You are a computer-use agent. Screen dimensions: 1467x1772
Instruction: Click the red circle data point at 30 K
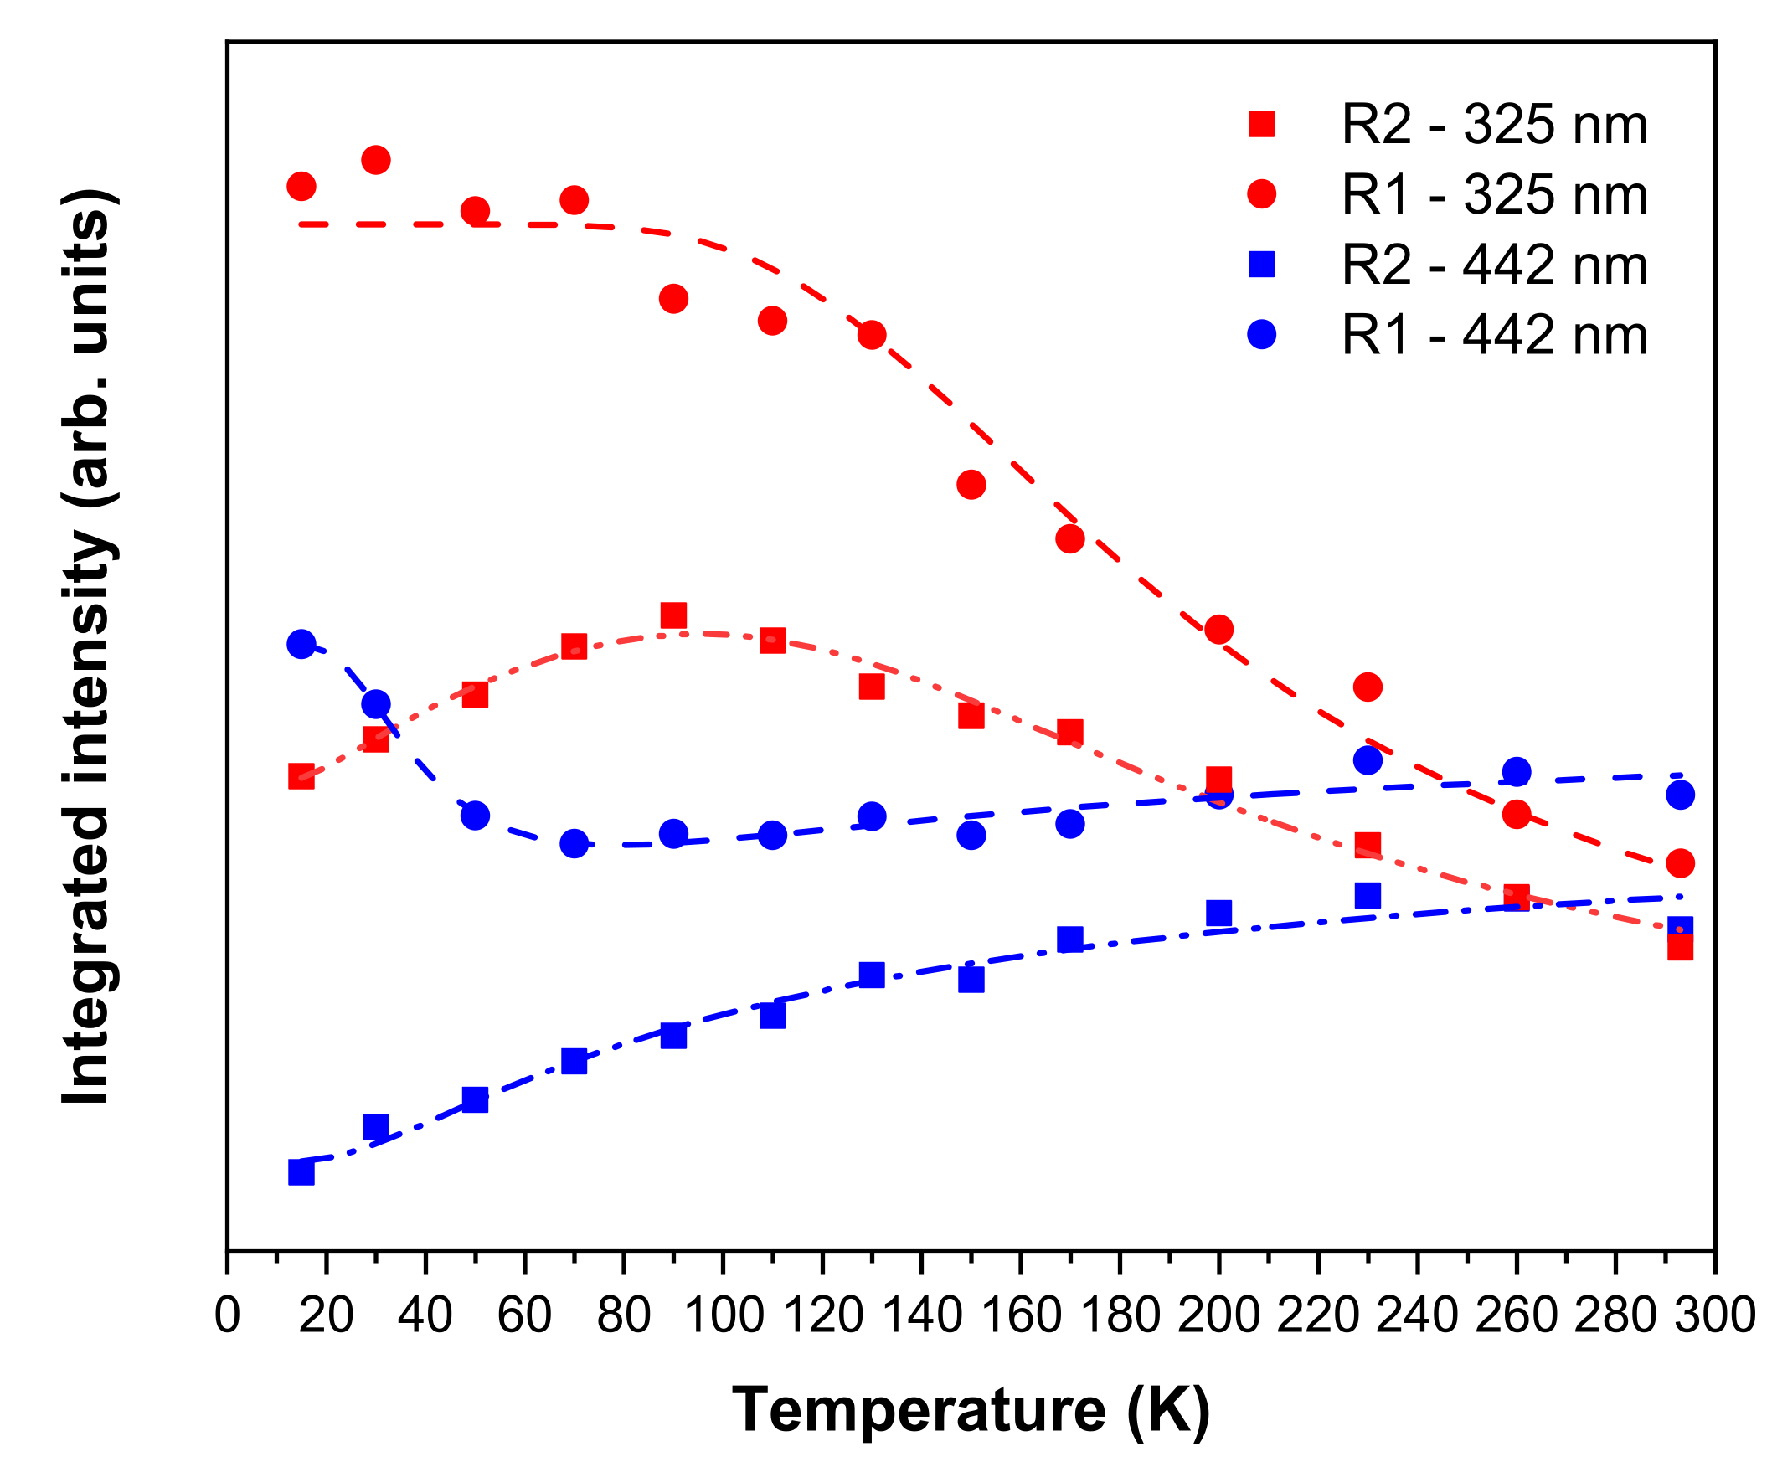(x=375, y=159)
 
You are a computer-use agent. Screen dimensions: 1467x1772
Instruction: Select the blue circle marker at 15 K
(x=301, y=644)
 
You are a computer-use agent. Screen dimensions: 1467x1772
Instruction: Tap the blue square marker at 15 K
(x=301, y=1171)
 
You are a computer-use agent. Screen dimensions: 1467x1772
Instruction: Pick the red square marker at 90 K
(x=673, y=615)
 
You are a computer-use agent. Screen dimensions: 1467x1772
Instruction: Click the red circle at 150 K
(x=971, y=484)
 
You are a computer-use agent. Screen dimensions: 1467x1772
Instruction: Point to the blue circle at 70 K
(x=574, y=842)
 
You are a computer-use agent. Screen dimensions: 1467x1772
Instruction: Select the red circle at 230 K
(x=1368, y=687)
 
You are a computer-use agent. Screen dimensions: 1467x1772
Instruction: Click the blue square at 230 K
(x=1368, y=895)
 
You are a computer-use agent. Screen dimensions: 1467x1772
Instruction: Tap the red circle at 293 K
(x=1681, y=863)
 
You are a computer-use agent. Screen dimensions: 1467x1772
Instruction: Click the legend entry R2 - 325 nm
(x=1493, y=125)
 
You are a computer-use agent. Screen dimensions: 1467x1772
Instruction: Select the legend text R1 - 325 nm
(x=1493, y=195)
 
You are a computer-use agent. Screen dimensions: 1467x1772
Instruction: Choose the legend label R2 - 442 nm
(x=1493, y=265)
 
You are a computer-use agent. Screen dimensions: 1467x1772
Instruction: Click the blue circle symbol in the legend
(x=1261, y=334)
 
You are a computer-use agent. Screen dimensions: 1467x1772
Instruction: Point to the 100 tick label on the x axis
(x=724, y=1315)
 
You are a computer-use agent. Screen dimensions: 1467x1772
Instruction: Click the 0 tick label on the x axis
(x=227, y=1315)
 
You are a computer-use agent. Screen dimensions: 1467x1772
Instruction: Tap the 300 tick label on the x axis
(x=1714, y=1315)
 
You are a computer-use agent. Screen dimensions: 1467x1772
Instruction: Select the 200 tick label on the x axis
(x=1218, y=1315)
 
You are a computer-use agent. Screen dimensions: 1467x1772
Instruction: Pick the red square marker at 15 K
(x=301, y=776)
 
